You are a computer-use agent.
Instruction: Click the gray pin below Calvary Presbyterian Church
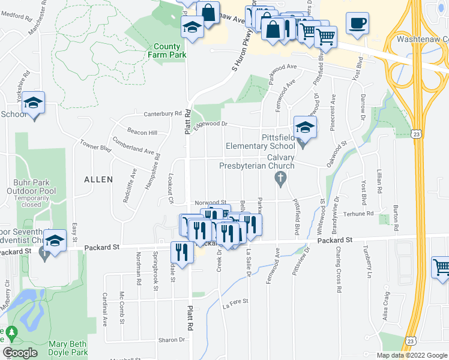click(x=279, y=178)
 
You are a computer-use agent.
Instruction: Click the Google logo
click(x=20, y=353)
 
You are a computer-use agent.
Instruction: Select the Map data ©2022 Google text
click(x=411, y=355)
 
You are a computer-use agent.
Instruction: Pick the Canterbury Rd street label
click(x=162, y=113)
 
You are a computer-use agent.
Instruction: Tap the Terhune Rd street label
click(x=358, y=213)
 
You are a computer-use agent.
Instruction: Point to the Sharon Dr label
click(x=172, y=340)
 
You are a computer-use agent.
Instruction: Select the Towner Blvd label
click(x=97, y=146)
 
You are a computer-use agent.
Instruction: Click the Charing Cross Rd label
click(x=339, y=276)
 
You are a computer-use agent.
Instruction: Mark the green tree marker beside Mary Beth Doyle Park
click(x=10, y=331)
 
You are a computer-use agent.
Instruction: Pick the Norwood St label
click(x=209, y=203)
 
